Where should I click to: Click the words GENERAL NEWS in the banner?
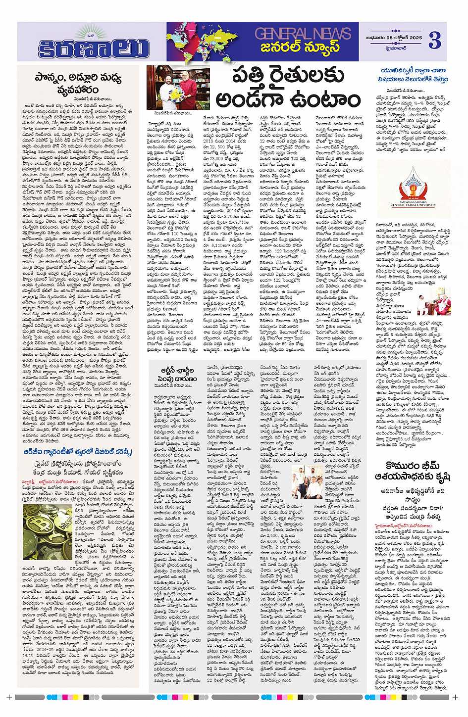[303, 34]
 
